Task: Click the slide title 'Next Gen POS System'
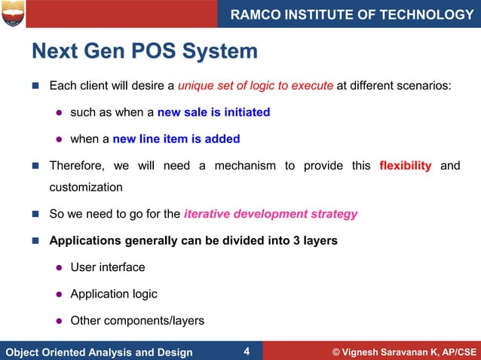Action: click(144, 52)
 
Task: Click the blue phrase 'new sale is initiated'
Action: click(213, 112)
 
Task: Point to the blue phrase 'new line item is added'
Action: click(176, 139)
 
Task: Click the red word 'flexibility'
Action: click(406, 166)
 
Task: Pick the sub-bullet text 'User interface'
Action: click(108, 267)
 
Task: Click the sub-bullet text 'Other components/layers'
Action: click(137, 320)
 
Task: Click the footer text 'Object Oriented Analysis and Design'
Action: click(99, 352)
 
